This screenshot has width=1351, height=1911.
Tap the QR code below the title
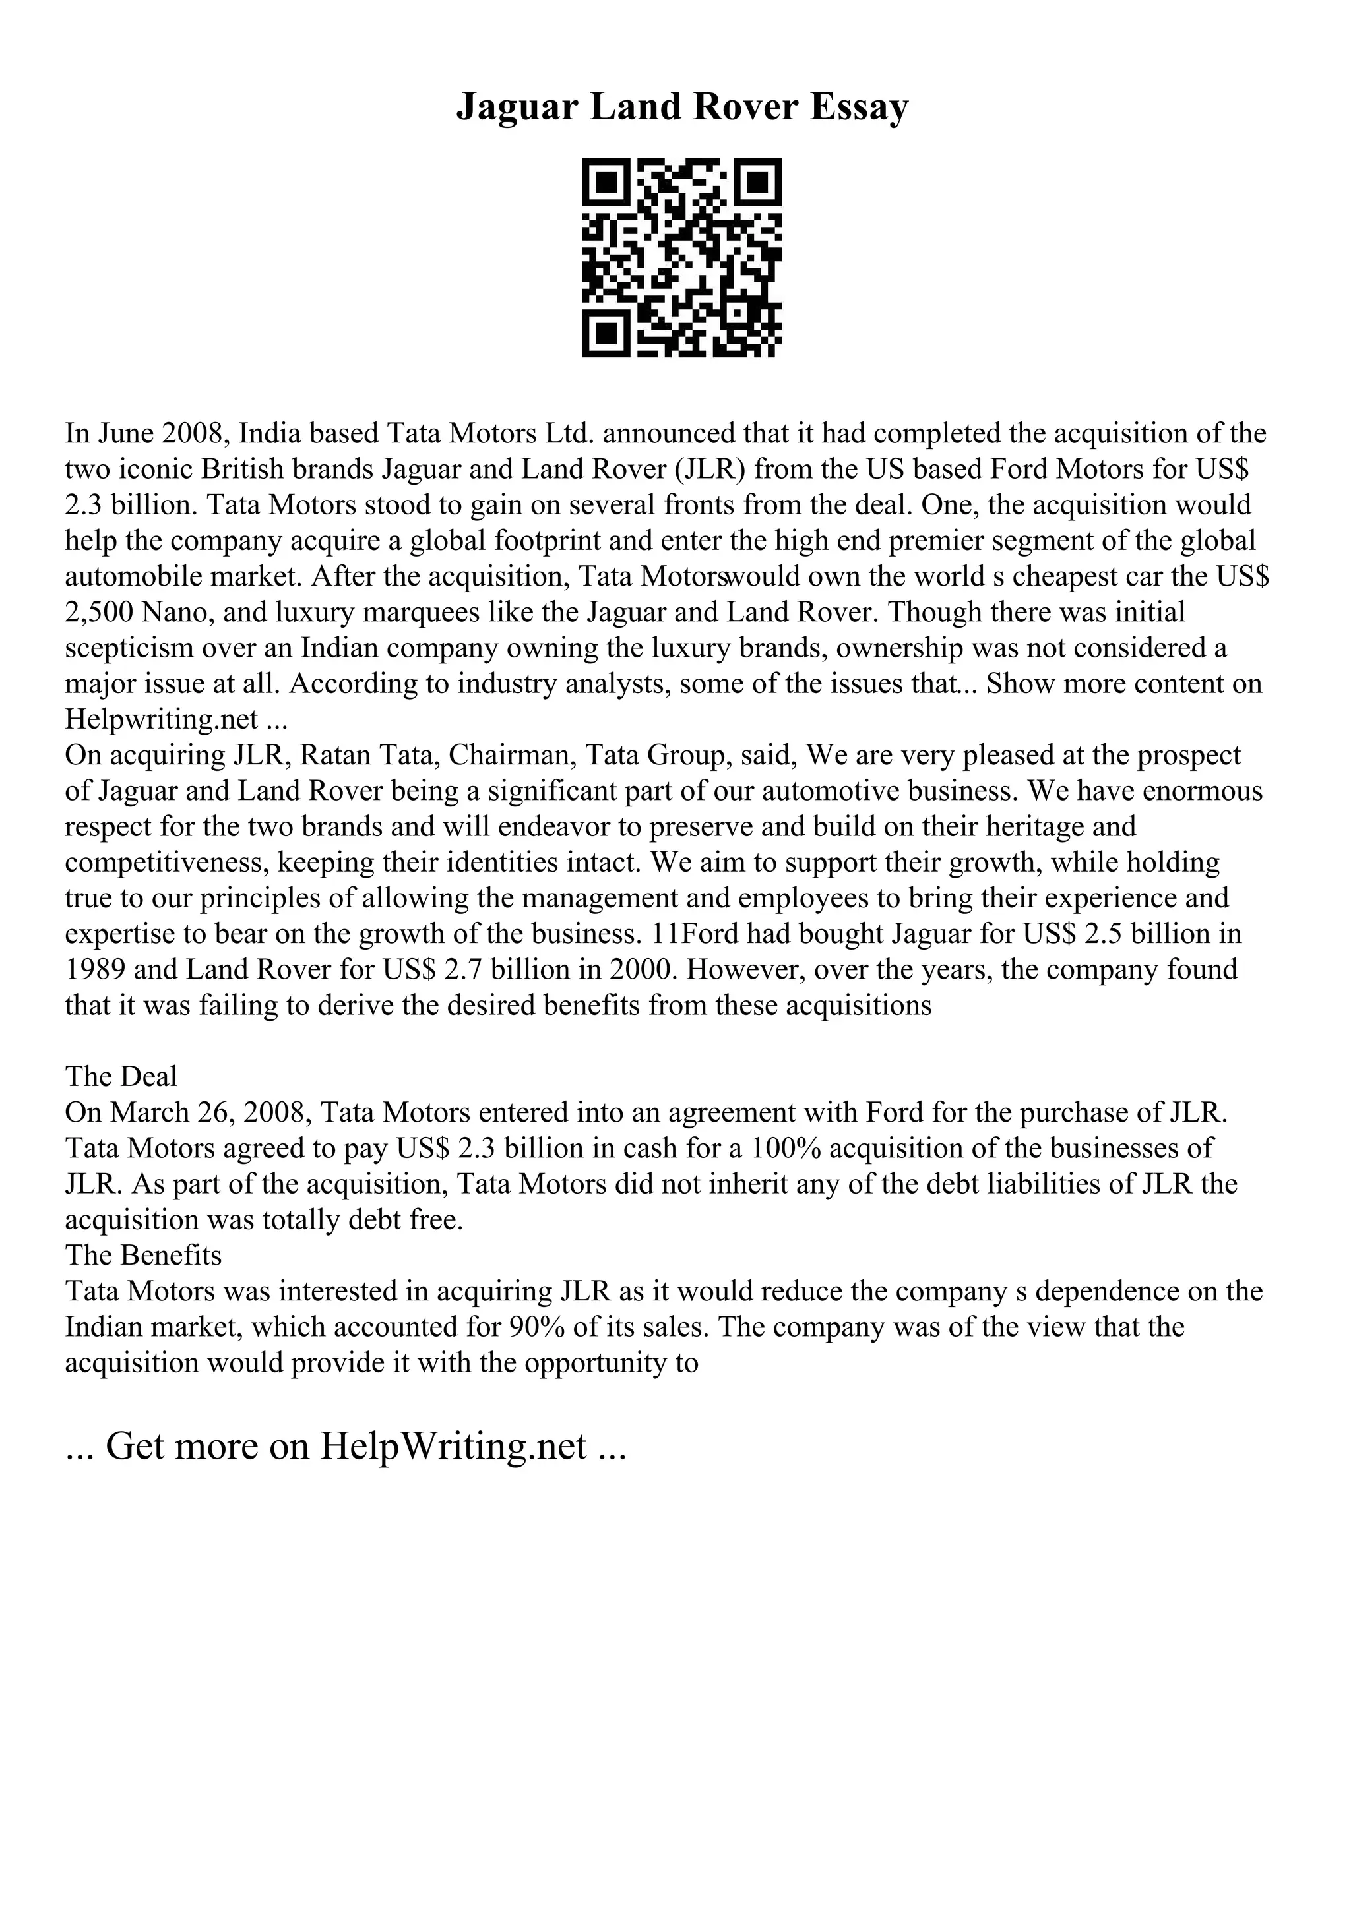pyautogui.click(x=681, y=257)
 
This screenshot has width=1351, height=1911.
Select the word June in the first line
pyautogui.click(x=127, y=434)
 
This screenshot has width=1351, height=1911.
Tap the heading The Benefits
pyautogui.click(x=143, y=1256)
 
